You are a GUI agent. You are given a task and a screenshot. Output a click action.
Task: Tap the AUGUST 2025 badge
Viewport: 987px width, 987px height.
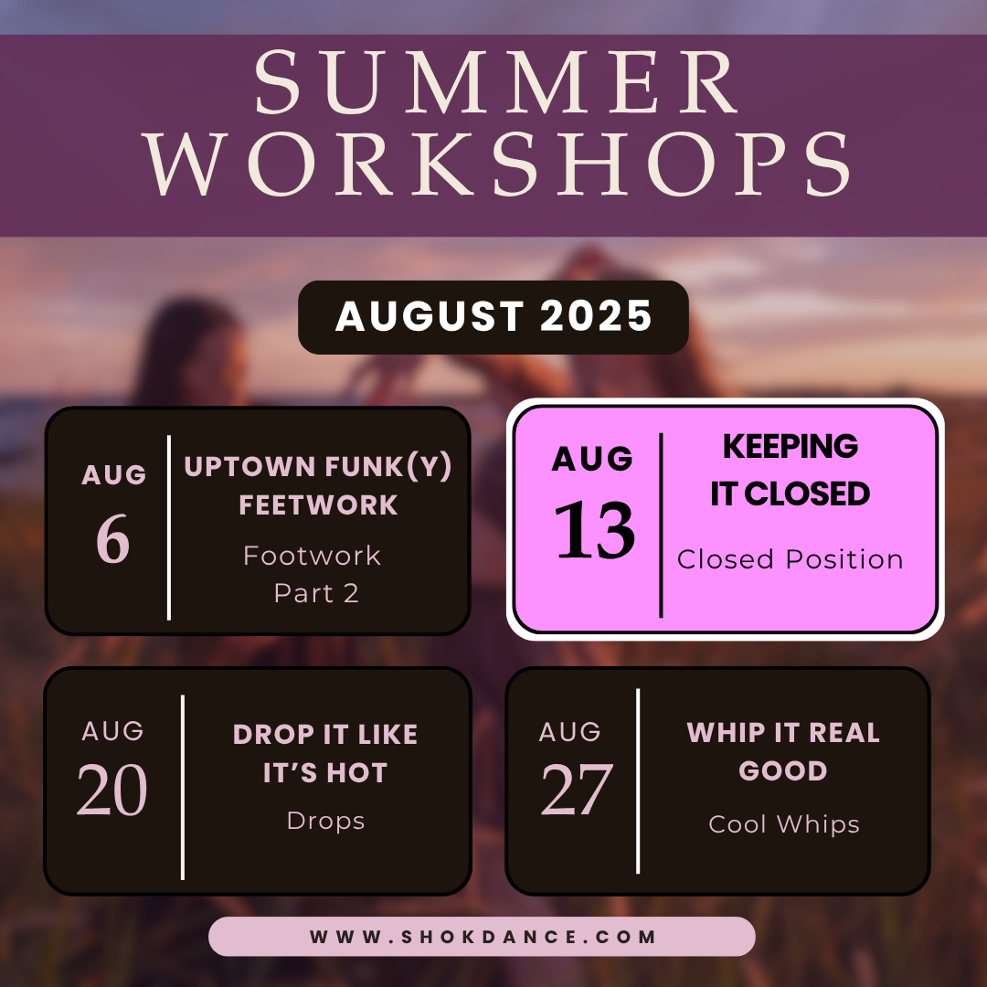[x=493, y=317]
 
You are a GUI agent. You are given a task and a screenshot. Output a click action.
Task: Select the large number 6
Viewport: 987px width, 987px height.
[x=113, y=540]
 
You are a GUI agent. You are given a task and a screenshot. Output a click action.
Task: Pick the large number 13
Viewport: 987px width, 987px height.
[x=595, y=531]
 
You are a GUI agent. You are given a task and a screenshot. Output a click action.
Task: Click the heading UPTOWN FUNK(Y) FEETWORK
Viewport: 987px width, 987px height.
[x=318, y=485]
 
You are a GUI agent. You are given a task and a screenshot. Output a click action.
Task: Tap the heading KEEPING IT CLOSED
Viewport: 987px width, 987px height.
[x=791, y=470]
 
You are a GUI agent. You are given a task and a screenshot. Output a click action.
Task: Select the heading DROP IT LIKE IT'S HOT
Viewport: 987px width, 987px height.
[x=325, y=753]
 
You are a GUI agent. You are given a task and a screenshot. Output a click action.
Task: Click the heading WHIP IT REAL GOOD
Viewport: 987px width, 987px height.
[x=783, y=751]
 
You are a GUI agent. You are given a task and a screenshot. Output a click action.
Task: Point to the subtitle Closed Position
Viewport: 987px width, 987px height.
[x=791, y=559]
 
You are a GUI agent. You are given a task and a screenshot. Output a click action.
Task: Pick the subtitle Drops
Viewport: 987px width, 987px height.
[x=325, y=821]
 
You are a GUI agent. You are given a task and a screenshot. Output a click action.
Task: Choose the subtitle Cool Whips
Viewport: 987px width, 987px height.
[x=784, y=824]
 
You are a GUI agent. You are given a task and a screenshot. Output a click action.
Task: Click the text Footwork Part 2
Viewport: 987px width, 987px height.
[x=313, y=574]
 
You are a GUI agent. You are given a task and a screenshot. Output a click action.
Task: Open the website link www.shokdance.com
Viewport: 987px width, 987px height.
[x=483, y=937]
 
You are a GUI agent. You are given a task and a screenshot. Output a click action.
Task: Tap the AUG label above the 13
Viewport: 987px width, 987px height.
[x=592, y=459]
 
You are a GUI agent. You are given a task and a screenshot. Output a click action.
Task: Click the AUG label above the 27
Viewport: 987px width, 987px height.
[x=570, y=732]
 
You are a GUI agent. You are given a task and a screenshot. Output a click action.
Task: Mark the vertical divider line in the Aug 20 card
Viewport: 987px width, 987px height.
[x=184, y=787]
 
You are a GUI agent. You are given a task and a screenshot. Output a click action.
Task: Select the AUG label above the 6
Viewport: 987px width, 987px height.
[x=114, y=475]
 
